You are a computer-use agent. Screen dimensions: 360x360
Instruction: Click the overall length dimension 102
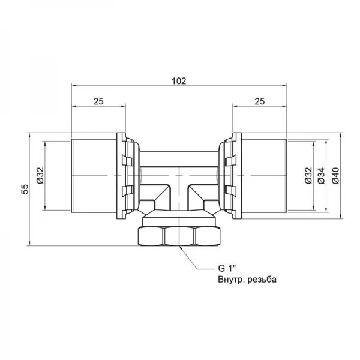[x=179, y=80]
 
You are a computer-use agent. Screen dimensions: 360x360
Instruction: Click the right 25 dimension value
[x=259, y=102]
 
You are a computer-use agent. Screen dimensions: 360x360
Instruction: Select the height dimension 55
[x=24, y=190]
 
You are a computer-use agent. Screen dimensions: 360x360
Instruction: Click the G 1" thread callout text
[x=227, y=268]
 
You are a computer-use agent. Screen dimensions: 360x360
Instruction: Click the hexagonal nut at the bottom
[x=179, y=235]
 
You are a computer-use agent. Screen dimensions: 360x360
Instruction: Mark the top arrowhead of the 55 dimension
[x=29, y=135]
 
